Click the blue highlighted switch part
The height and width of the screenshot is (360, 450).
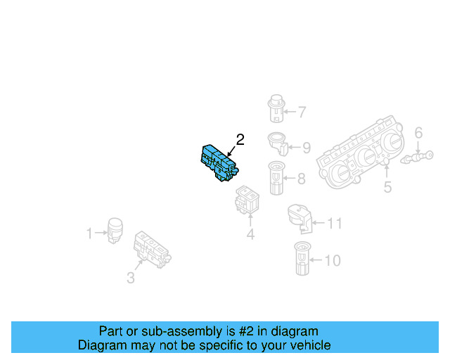click(x=219, y=163)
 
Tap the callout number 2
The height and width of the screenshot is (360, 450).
click(x=240, y=140)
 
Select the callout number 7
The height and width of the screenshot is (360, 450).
click(x=302, y=112)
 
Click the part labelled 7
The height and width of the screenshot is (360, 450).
click(x=276, y=108)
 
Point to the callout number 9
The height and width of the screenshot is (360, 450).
click(x=307, y=148)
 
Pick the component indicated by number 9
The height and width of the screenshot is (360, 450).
click(x=278, y=144)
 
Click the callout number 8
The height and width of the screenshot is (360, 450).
click(x=301, y=179)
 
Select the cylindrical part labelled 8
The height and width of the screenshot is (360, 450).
click(x=276, y=178)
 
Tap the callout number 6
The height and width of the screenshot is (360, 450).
click(x=418, y=133)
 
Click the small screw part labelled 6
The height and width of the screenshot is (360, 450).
click(x=417, y=157)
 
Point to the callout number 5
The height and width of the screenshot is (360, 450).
click(x=387, y=187)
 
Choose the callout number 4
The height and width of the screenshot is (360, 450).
click(x=250, y=234)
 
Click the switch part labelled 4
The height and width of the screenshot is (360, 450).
click(x=247, y=200)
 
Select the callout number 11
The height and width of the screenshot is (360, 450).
click(x=335, y=224)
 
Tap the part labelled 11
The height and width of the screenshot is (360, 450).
click(x=300, y=218)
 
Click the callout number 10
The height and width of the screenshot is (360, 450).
click(x=333, y=261)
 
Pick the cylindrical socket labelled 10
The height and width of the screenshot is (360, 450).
click(x=302, y=258)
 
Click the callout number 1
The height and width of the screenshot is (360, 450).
click(x=89, y=233)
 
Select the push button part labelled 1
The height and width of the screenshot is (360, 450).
click(x=115, y=231)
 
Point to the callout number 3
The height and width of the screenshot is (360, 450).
click(x=131, y=278)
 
